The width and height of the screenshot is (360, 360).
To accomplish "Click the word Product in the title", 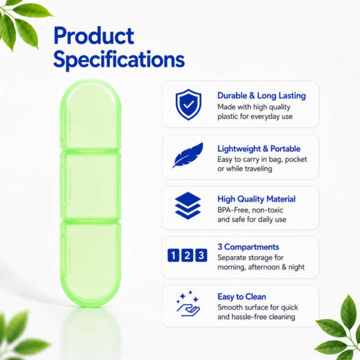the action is click(94, 36).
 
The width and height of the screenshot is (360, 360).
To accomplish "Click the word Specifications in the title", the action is click(119, 60).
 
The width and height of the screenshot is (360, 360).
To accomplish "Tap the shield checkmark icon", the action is click(188, 104).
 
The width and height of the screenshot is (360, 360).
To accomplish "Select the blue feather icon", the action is click(188, 155).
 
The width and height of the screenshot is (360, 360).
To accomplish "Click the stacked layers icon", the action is click(188, 205).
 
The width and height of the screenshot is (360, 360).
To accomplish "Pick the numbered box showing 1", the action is click(173, 255).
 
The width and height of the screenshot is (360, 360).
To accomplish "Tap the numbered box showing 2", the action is click(187, 255).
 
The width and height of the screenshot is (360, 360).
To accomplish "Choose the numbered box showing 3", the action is click(201, 255).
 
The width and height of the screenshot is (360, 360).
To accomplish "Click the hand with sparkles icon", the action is click(188, 304).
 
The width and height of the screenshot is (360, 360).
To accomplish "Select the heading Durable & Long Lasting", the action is click(262, 96).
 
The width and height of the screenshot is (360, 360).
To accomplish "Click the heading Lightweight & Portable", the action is click(259, 149).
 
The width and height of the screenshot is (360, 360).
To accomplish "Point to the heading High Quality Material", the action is click(256, 199).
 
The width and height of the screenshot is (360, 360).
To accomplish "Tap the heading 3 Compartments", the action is click(248, 247).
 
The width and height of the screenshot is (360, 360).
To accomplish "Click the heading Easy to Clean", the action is click(242, 296).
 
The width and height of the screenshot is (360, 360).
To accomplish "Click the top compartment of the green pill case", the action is click(91, 115).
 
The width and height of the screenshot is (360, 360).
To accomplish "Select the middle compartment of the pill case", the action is click(91, 186).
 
